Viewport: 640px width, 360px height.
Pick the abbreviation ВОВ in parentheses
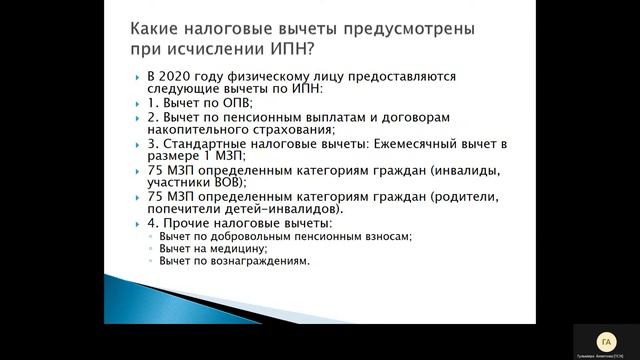click(x=231, y=182)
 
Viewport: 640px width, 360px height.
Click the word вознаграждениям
click(x=259, y=261)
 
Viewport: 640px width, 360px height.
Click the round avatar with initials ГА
click(x=604, y=340)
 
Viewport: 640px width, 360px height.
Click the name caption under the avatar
click(x=604, y=355)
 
